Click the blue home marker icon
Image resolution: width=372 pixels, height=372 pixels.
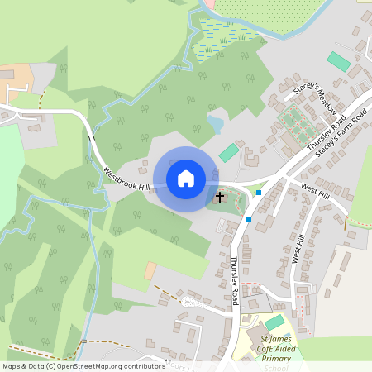tap(186, 179)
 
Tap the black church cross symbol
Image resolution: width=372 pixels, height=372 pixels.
tap(220, 197)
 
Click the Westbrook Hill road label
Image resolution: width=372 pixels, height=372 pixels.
tap(126, 179)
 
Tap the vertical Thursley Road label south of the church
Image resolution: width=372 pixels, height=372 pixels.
tap(235, 279)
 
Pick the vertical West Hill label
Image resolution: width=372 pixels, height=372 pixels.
tap(298, 248)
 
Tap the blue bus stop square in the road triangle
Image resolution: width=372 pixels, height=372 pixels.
tap(259, 193)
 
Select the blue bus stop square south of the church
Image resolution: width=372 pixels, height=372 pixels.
tap(249, 219)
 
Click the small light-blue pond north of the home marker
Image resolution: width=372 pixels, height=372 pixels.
tap(215, 124)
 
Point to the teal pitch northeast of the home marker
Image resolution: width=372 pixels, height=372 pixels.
tap(229, 153)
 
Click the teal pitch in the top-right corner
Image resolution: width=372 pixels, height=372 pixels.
tap(338, 61)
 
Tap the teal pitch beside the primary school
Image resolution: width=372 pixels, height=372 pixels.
tap(274, 322)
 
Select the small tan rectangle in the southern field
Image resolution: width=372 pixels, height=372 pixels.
tap(150, 270)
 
